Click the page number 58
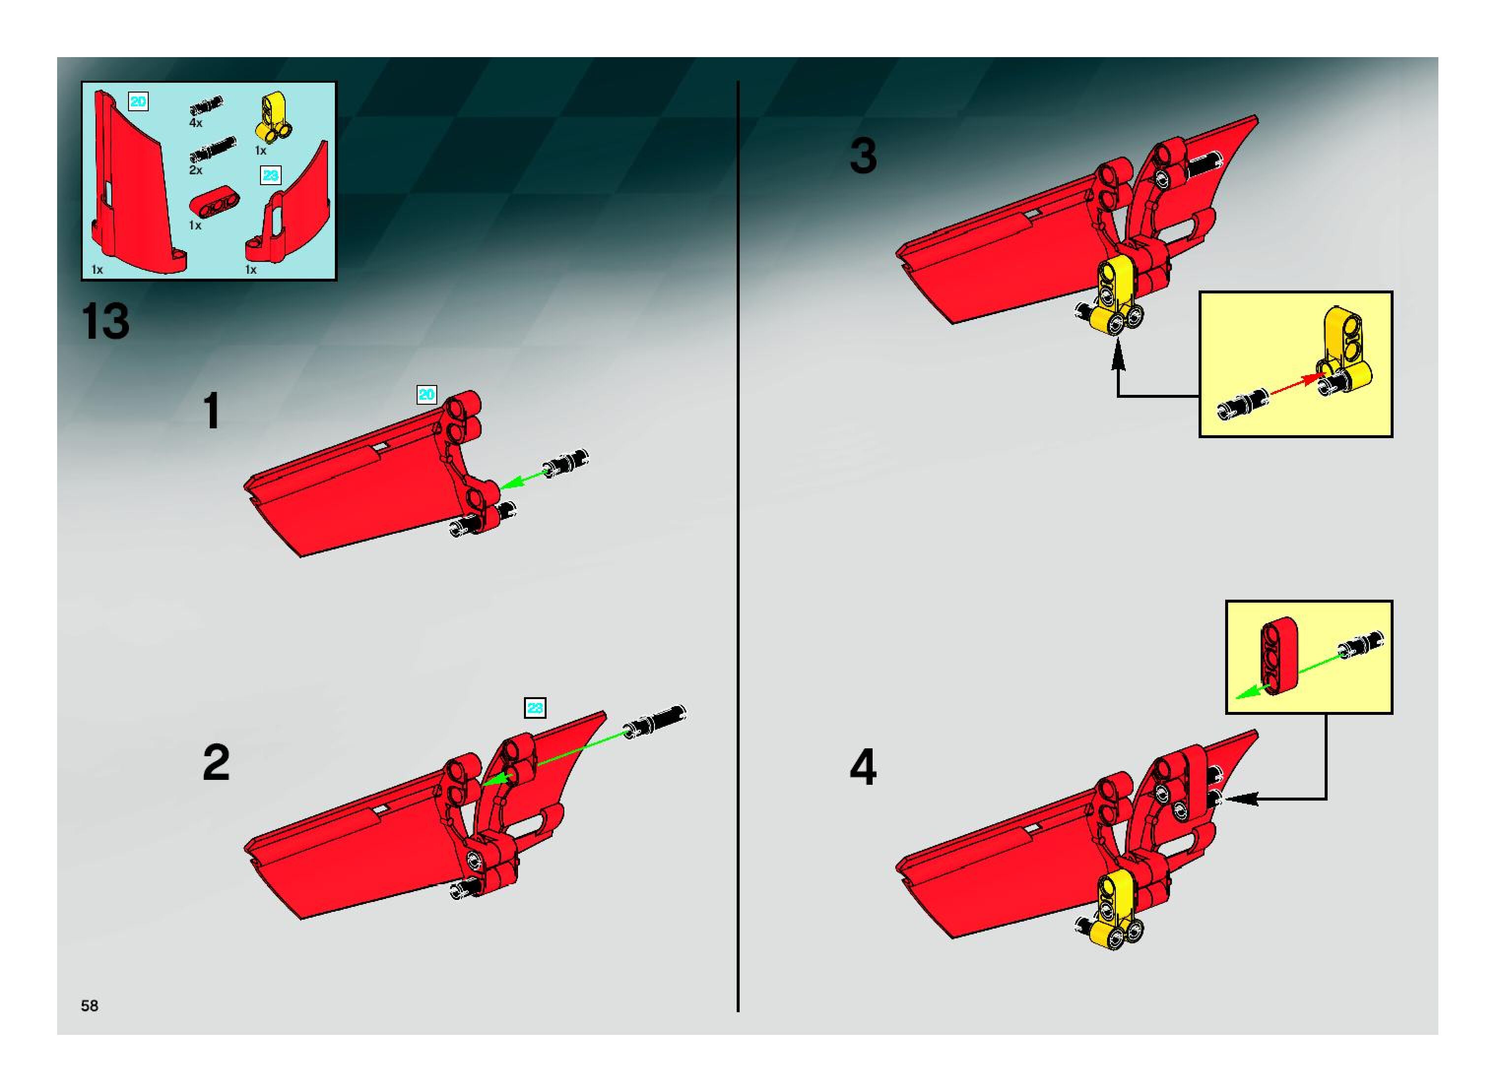tap(89, 1005)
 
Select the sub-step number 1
tap(212, 411)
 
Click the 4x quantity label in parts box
tap(195, 123)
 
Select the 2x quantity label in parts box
tap(195, 170)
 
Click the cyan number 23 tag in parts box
tap(270, 175)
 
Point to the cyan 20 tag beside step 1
tap(426, 395)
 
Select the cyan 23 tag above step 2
tap(534, 708)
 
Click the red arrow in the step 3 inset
tap(1293, 386)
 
